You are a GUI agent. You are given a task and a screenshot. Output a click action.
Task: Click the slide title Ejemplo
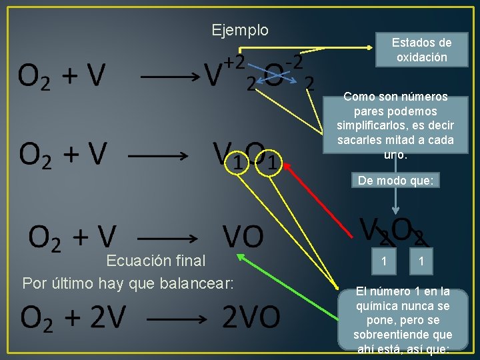point(240,30)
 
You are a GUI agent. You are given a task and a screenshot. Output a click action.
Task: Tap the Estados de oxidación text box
point(421,50)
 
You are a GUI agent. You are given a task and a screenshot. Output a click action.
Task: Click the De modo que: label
point(395,180)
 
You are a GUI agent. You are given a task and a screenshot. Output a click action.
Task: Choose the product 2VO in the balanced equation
point(251,319)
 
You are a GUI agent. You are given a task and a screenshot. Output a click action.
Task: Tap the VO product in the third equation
point(243,236)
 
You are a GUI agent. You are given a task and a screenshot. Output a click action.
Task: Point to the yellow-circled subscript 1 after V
point(234,161)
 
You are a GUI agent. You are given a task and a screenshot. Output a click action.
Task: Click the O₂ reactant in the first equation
point(33,77)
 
